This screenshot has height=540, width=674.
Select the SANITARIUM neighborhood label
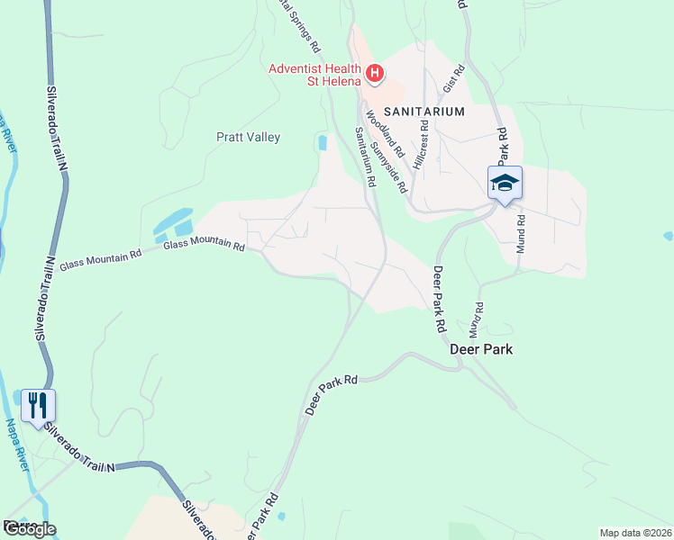[x=424, y=112]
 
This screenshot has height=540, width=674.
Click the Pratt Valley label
[x=248, y=138]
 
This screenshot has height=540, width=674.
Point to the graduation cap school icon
[x=505, y=184]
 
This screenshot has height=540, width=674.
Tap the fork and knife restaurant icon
[x=38, y=406]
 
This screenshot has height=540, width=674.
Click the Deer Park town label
[x=481, y=349]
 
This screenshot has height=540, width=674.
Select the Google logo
[x=29, y=528]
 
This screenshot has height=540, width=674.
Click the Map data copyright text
[x=636, y=533]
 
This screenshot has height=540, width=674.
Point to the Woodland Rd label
[x=378, y=134]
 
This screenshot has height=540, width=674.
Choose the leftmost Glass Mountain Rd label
[x=100, y=261]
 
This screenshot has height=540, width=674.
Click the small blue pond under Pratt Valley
[x=322, y=142]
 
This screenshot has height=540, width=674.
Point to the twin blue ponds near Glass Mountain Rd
[x=174, y=223]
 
